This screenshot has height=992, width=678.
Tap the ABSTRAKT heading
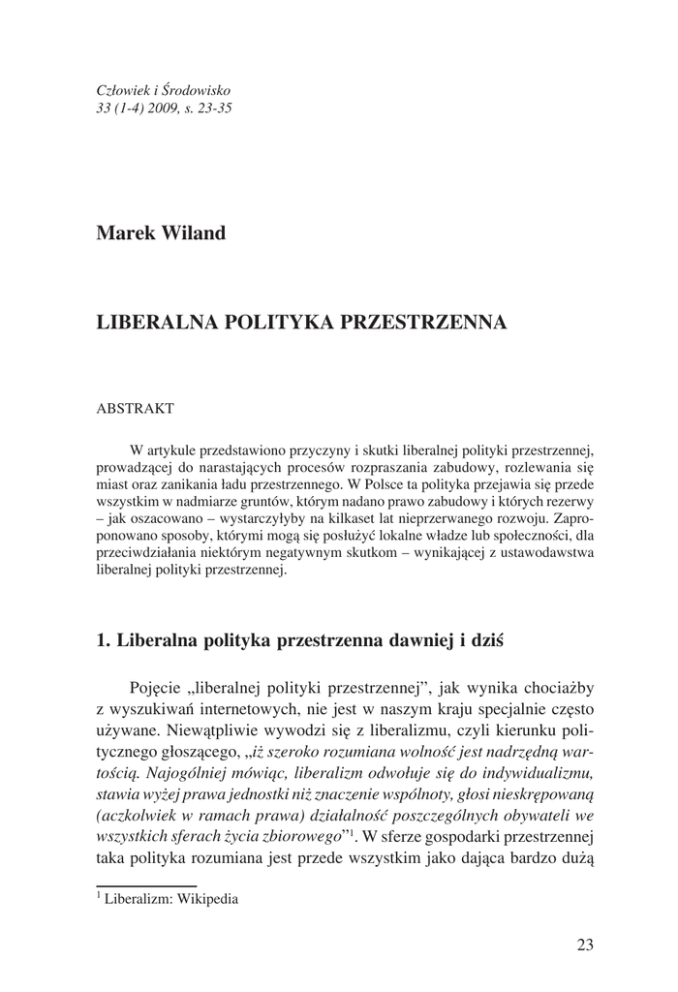pos(136,409)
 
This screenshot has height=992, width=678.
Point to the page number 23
pos(584,945)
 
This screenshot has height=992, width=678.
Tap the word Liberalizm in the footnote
pos(139,898)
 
